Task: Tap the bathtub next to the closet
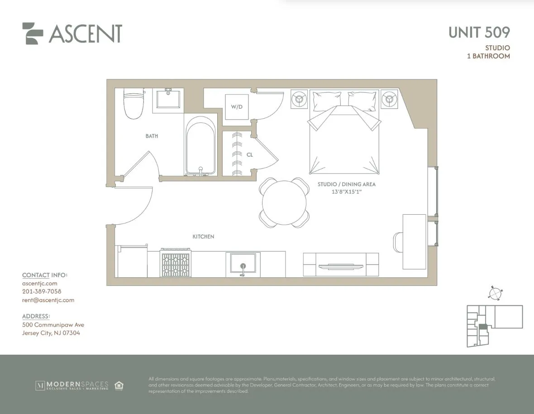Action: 201,145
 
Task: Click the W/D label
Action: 237,107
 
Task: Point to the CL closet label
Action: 249,155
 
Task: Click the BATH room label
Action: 152,136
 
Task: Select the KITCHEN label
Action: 203,236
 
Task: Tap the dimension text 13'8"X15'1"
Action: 347,192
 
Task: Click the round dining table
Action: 285,202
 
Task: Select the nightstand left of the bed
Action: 299,99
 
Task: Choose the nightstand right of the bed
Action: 389,99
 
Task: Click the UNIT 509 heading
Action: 479,32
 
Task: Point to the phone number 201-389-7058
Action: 42,291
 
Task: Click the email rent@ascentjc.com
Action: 48,300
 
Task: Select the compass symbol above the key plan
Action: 496,293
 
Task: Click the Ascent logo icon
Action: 33,34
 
